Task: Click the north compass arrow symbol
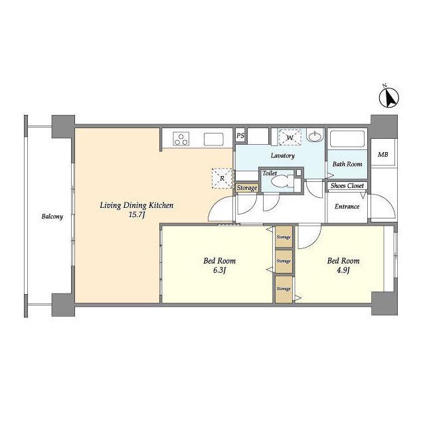coord(388,98)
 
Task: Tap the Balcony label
coord(52,216)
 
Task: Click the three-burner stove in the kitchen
coord(181,139)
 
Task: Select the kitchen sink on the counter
coord(214,139)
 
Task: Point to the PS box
coord(240,135)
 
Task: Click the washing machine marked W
coord(290,137)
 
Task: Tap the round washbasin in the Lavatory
coord(315,136)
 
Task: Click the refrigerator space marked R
coord(222,178)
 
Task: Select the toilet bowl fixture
coord(282,181)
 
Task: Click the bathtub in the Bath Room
coord(347,139)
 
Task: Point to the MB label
coord(383,155)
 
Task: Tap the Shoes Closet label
coord(347,186)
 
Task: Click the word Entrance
coord(347,207)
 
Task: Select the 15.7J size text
coord(137,215)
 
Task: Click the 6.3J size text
coord(219,270)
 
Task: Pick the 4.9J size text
coord(343,270)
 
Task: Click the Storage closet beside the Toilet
coord(247,188)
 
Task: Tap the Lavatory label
coord(283,155)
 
